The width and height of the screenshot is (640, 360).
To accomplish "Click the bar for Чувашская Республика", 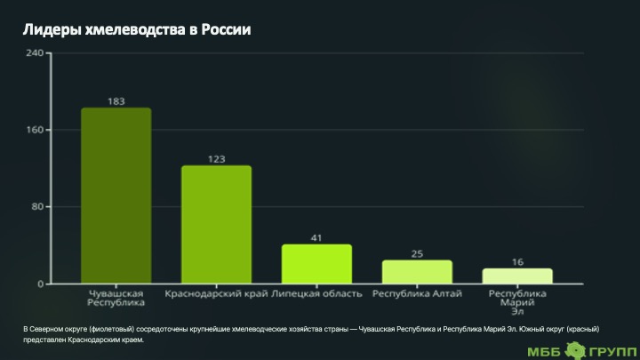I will [x=116, y=196].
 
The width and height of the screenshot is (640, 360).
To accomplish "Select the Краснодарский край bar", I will [x=216, y=225].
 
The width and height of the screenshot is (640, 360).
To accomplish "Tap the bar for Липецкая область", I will [x=316, y=264].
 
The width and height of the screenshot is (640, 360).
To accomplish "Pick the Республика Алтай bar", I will [x=417, y=272].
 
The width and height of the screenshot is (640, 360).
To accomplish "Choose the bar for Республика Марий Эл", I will [x=517, y=276].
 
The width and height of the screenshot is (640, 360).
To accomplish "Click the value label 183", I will [x=116, y=100].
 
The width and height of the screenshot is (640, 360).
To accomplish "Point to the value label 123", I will [x=216, y=158].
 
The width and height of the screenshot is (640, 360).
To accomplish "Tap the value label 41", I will [x=316, y=237].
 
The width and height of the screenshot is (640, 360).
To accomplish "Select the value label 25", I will [x=417, y=253].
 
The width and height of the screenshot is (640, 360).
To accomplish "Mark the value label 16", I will [x=517, y=261].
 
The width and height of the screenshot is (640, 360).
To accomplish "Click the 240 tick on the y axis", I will [x=36, y=53].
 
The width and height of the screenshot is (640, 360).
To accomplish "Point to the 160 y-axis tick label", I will [x=36, y=130].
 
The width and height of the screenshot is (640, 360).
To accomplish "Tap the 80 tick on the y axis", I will [x=38, y=207].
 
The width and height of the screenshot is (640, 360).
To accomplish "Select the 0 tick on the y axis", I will [x=41, y=284].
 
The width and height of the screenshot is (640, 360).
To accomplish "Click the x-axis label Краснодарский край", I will [x=216, y=293].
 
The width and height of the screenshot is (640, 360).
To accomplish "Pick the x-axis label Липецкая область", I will [x=316, y=293].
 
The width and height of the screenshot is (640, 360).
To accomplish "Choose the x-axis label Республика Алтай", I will [x=417, y=293].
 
